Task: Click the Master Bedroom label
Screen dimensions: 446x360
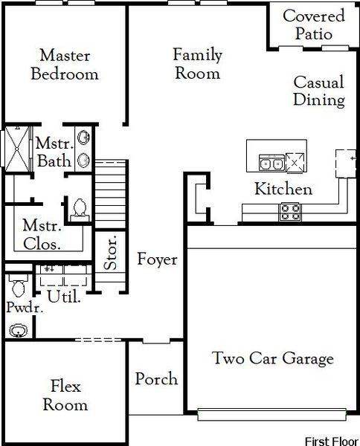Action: [65, 65]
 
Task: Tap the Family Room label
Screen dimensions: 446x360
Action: [196, 64]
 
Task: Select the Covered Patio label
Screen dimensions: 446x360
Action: [314, 25]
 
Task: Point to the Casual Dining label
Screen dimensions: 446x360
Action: [318, 91]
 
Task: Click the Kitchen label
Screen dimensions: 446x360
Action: [283, 189]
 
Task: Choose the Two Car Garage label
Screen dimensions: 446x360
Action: [272, 359]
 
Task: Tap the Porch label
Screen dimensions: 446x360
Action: [156, 379]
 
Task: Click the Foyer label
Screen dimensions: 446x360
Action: [157, 259]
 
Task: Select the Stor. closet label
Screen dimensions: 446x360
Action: [109, 253]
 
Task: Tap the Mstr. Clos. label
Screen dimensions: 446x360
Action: [41, 233]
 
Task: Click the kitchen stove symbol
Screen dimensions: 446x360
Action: [289, 212]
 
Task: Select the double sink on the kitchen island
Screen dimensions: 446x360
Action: [269, 164]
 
